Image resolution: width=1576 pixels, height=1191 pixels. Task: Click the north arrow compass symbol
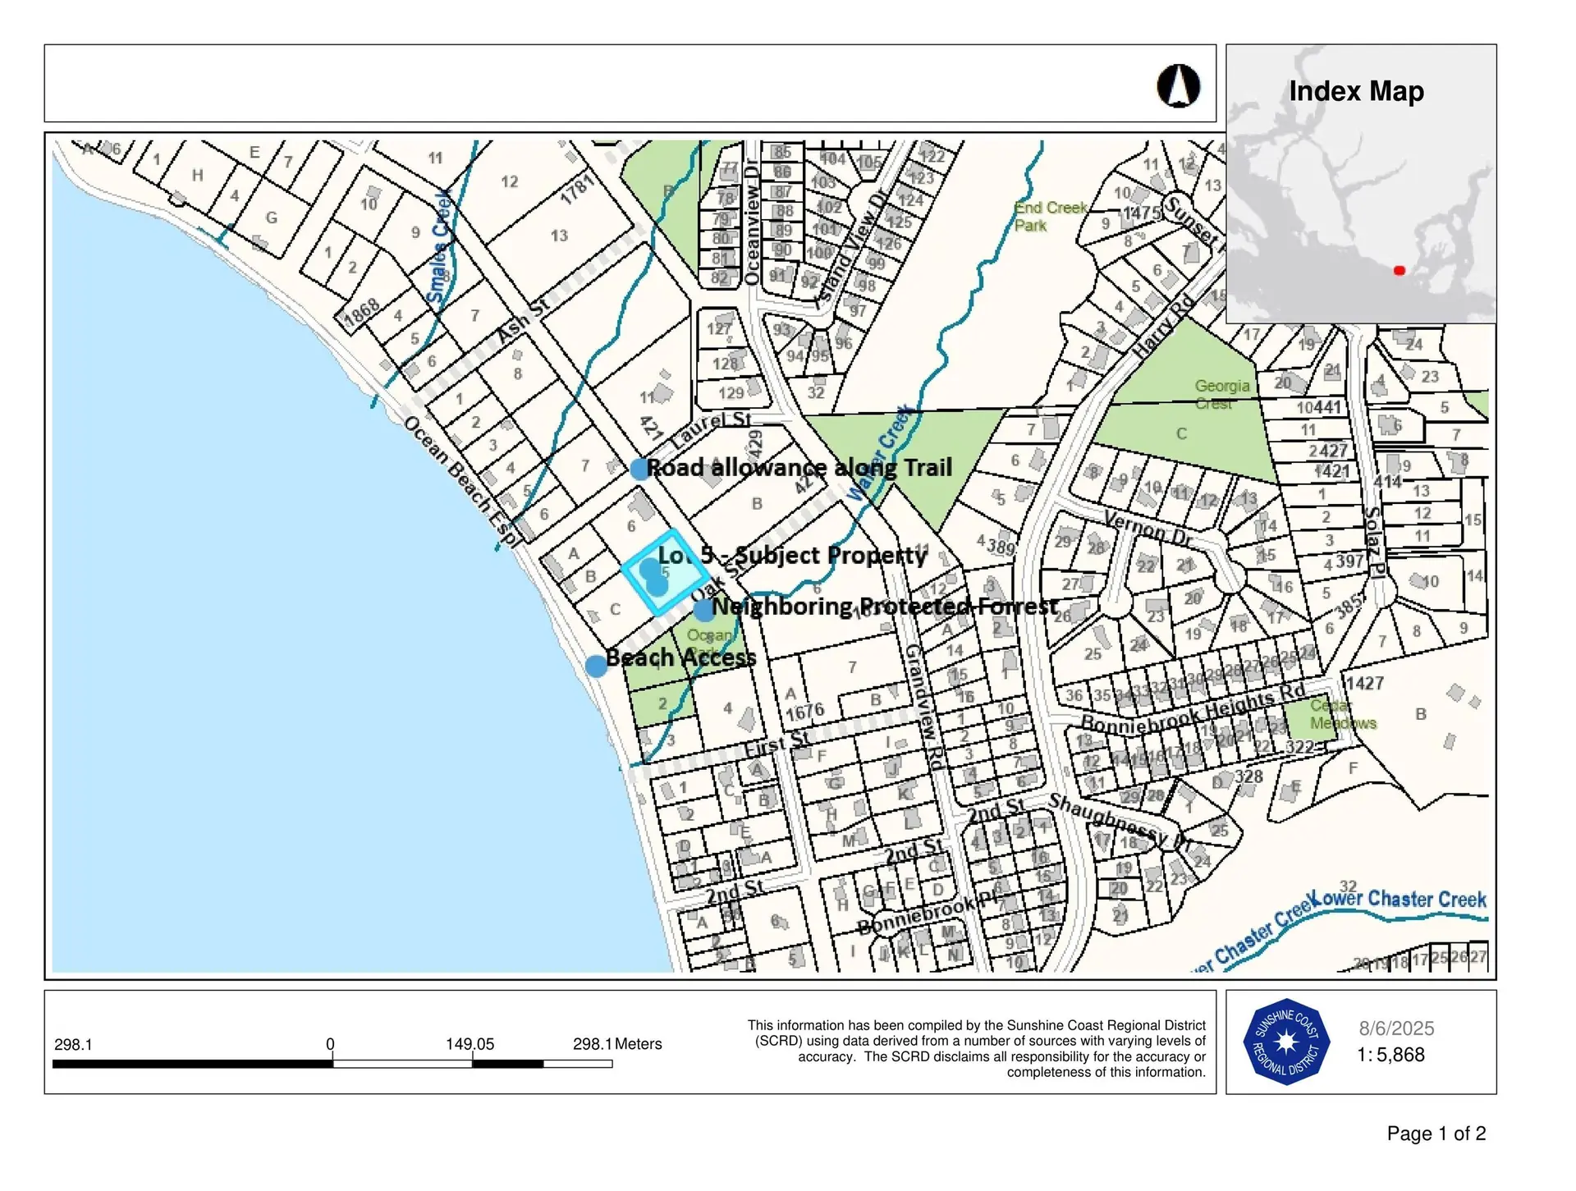tap(1179, 86)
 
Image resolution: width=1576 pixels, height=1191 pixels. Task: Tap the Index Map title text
tap(1356, 91)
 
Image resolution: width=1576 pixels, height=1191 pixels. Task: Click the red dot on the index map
tap(1400, 270)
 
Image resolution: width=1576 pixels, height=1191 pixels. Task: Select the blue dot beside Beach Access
tap(597, 666)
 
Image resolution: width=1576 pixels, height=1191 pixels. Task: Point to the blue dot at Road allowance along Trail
tap(640, 469)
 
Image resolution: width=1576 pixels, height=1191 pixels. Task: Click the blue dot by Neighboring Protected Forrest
tap(703, 610)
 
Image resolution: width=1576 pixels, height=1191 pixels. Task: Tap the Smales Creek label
tap(442, 246)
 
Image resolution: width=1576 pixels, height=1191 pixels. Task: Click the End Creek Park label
tap(1050, 217)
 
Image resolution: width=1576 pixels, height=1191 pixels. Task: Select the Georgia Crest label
tap(1221, 394)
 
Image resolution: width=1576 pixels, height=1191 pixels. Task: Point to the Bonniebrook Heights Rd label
tap(1192, 711)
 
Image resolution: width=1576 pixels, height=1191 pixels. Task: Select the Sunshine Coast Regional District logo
tap(1285, 1042)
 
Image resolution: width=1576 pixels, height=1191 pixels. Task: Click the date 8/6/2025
tap(1396, 1028)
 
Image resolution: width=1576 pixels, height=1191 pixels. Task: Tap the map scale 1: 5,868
tap(1390, 1055)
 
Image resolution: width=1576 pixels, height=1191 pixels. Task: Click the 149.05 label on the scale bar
tap(470, 1044)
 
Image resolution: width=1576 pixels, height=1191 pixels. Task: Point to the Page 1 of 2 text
tap(1436, 1134)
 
